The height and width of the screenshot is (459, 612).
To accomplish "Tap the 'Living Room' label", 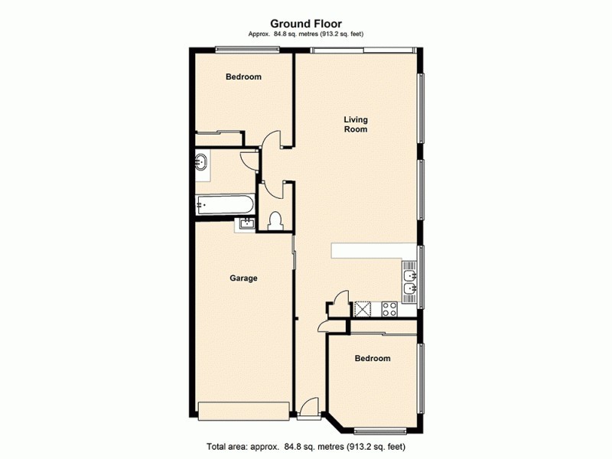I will point(355,124).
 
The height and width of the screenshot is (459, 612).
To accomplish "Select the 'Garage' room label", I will point(243,278).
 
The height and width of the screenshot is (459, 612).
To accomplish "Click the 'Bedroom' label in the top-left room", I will point(243,77).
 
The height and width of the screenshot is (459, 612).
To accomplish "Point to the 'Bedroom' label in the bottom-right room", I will point(372,359).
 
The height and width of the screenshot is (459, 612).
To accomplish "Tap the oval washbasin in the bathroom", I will point(201,162).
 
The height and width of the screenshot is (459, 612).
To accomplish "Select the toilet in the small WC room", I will point(276,220).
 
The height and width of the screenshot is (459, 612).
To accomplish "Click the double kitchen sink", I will point(409,279).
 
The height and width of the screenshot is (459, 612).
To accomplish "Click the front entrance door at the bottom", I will point(309,409).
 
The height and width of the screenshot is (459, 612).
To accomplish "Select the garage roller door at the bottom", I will point(243,410).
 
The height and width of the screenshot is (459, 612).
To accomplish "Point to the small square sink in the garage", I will point(246,223).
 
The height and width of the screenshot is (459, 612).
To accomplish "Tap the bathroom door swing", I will point(249,159).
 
